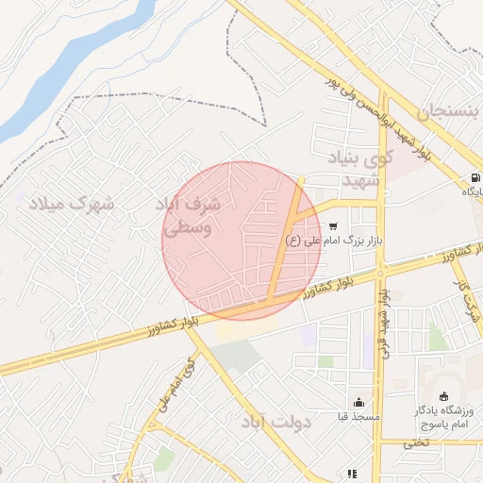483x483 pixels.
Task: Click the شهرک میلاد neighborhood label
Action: (70, 203)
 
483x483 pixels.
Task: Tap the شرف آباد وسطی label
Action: (190, 216)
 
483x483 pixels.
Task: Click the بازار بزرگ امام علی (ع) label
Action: (332, 241)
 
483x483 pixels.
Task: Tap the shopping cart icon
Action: (334, 225)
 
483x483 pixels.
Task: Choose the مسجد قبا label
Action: (358, 416)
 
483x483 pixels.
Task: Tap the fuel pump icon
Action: (474, 177)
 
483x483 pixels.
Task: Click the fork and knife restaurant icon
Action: (351, 474)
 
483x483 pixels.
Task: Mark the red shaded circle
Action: (242, 241)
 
